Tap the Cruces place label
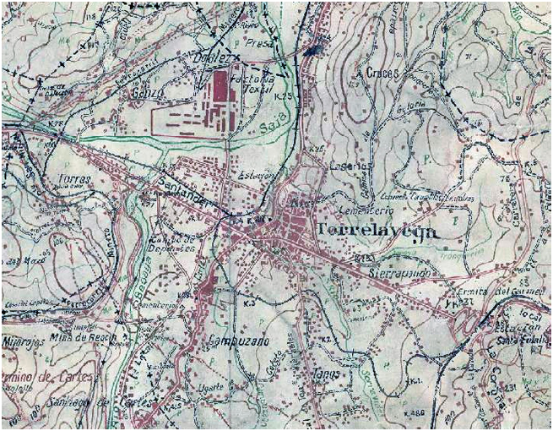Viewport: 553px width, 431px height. tap(382, 73)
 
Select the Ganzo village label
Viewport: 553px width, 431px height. tap(141, 94)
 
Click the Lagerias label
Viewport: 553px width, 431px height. tap(347, 166)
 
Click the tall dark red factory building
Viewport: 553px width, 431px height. tap(221, 90)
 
